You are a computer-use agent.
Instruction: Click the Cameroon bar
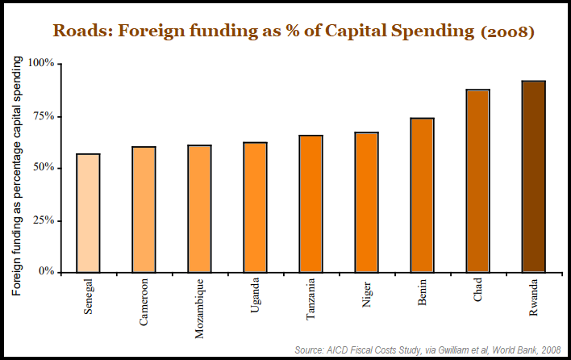click(x=144, y=209)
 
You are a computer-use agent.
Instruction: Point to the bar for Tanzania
click(x=311, y=203)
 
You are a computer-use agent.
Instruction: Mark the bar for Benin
click(x=422, y=195)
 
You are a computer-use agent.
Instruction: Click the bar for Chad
click(x=477, y=181)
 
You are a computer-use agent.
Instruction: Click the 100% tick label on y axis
click(x=40, y=63)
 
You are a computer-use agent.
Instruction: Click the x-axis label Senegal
click(x=89, y=296)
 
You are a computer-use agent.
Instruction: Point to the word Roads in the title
click(x=78, y=32)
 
